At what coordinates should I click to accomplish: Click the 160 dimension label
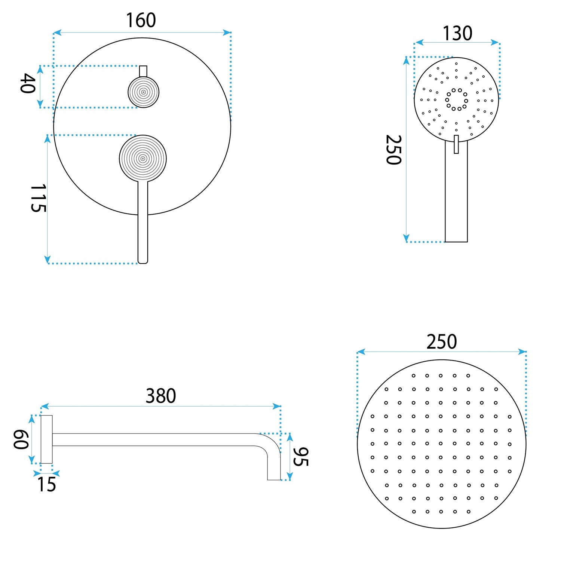[141, 20]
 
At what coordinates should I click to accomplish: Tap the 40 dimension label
[28, 83]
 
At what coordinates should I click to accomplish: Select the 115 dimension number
[38, 198]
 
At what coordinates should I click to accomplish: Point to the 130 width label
[457, 33]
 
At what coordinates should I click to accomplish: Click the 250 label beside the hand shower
[393, 150]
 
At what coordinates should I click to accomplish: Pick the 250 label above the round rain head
[442, 342]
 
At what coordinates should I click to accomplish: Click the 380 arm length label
[161, 396]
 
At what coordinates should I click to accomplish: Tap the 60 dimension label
[21, 439]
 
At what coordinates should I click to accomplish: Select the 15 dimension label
[46, 485]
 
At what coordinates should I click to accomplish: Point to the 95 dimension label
[301, 457]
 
